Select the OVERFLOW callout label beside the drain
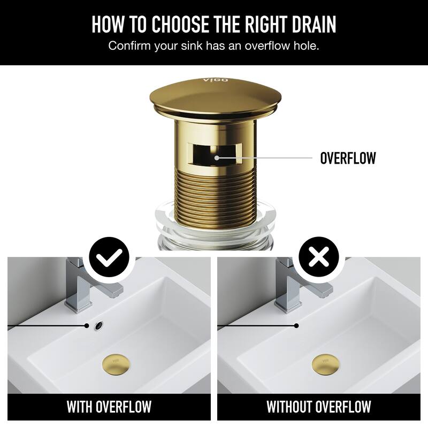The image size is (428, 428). [x=348, y=158]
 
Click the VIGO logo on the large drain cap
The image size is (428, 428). [x=216, y=81]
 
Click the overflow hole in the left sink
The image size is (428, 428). [x=99, y=325]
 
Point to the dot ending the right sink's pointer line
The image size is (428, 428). [x=296, y=325]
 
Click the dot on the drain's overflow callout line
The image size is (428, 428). [x=216, y=158]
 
